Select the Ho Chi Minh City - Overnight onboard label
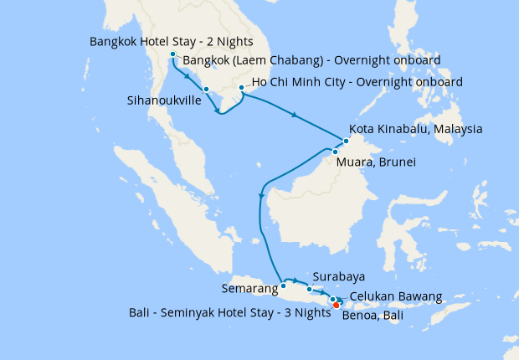(x=358, y=82)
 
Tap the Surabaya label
(x=339, y=275)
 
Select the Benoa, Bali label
(x=377, y=317)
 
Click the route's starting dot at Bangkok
(x=173, y=55)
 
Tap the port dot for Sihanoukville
(x=206, y=89)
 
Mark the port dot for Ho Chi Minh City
(x=241, y=87)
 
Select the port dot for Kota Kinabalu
(x=346, y=141)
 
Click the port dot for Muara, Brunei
(x=335, y=152)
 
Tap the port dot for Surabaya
(x=309, y=289)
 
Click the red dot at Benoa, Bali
(x=336, y=305)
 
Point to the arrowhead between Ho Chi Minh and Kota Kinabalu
(x=294, y=114)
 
